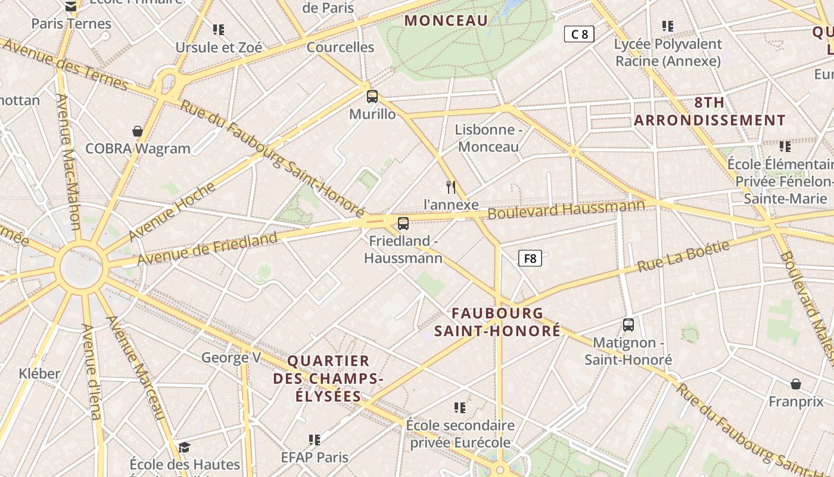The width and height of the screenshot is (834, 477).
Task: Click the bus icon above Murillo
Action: pos(372,96)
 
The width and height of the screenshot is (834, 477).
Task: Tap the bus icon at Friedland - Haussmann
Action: pos(403,224)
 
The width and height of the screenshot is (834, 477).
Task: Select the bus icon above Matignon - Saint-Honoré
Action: pos(628,325)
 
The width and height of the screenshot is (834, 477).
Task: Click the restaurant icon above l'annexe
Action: pos(451,187)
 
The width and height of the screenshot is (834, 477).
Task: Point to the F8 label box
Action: pos(530,258)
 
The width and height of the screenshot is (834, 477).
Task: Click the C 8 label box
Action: pos(579,34)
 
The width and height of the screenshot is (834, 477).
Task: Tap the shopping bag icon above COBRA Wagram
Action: pos(138,131)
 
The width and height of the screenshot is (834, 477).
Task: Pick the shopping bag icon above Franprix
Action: pos(795,384)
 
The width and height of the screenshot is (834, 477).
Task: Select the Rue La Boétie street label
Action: pos(683,257)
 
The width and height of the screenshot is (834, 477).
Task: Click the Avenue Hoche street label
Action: pos(172,212)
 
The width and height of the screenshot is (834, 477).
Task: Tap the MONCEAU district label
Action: pos(446,21)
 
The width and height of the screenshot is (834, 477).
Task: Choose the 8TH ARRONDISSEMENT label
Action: pos(709,111)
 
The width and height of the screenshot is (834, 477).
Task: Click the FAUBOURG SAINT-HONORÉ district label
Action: pos(497,322)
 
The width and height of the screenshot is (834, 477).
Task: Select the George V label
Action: pos(231,358)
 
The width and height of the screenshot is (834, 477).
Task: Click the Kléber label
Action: pos(40,374)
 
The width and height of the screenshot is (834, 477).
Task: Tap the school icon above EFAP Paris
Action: pos(315,440)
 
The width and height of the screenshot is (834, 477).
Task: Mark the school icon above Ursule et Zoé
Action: pos(219,29)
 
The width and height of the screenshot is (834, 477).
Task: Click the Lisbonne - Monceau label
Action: pos(488,138)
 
